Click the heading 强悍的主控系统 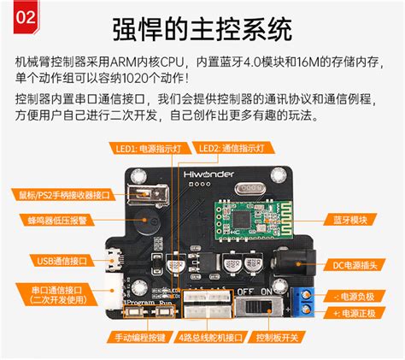[202, 29]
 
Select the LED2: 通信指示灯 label [232, 148]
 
